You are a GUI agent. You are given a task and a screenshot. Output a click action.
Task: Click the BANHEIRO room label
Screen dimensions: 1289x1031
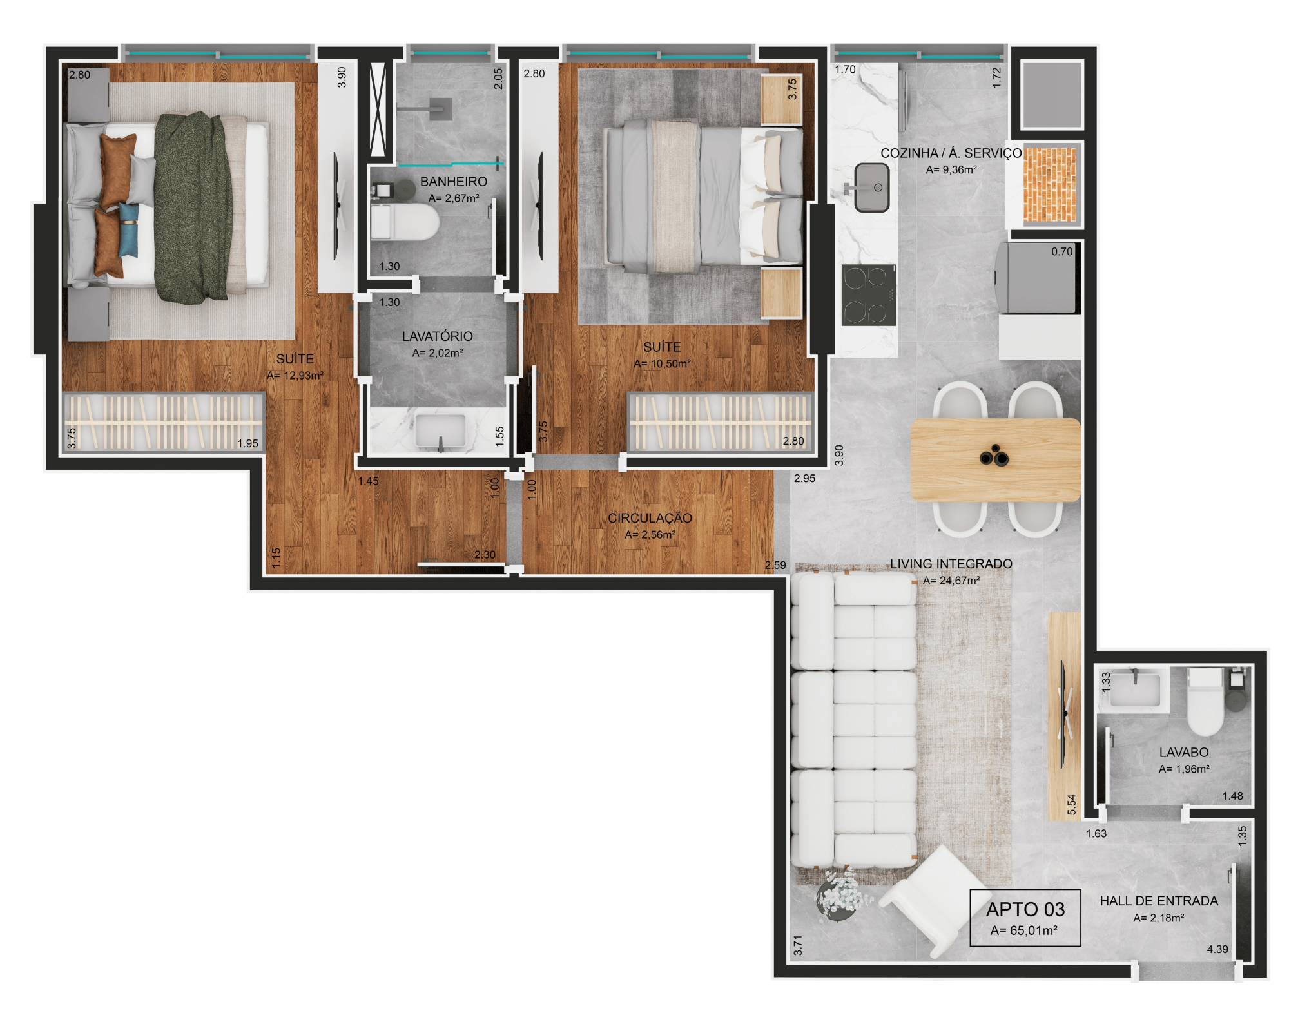tap(454, 182)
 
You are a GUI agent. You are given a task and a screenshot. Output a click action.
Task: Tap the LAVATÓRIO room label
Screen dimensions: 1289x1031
tap(438, 336)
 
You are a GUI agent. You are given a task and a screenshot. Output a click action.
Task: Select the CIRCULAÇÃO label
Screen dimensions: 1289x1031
tap(650, 518)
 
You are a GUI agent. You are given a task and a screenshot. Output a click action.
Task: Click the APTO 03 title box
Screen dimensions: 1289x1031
tap(1025, 918)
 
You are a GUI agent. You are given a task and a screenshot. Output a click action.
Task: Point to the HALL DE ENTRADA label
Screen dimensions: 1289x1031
tap(1159, 901)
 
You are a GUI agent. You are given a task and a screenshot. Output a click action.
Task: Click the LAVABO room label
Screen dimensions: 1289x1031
tap(1184, 752)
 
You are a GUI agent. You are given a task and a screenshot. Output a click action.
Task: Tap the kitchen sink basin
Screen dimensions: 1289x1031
tap(872, 188)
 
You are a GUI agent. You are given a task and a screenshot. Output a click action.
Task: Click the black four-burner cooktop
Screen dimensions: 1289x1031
tap(868, 294)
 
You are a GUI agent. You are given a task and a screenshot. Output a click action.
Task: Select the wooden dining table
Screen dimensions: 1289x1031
tap(995, 459)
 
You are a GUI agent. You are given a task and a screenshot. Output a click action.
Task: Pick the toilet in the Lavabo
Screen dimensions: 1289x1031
tap(1205, 702)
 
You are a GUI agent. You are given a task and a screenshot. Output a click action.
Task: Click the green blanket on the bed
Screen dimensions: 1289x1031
tap(193, 207)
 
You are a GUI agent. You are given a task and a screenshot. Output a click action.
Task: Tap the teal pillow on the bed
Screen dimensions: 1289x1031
tap(128, 230)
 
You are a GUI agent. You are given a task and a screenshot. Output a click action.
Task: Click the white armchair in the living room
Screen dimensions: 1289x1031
tap(935, 900)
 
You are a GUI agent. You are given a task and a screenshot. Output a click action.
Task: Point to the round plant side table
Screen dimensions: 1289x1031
tap(836, 897)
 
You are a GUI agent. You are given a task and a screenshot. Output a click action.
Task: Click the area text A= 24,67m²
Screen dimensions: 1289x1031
tap(951, 581)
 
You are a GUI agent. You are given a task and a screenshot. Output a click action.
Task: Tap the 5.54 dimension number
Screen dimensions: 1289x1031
tap(1072, 805)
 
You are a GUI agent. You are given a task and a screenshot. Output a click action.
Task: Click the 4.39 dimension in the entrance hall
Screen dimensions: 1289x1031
tap(1217, 949)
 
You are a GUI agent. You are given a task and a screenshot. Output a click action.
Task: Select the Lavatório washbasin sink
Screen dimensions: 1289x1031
tap(441, 430)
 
